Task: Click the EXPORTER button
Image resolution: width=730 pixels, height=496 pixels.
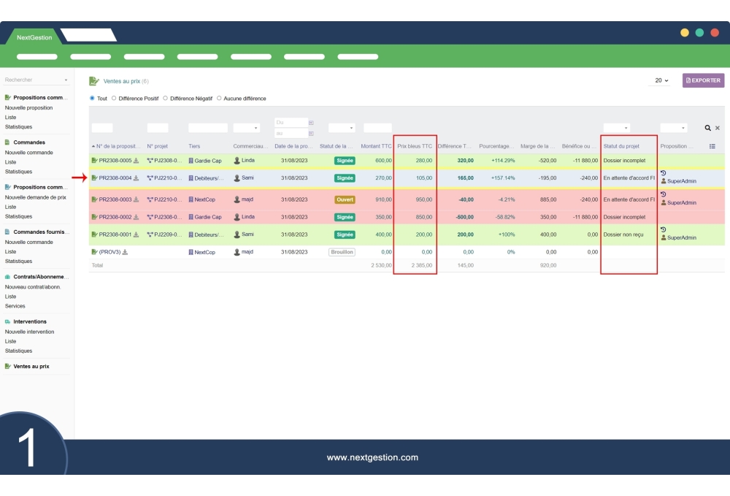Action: tap(703, 80)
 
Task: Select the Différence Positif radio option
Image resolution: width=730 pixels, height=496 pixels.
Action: tap(114, 99)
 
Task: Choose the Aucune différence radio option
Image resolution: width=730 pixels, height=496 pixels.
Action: tap(219, 99)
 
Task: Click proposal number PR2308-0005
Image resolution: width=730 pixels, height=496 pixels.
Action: tap(115, 161)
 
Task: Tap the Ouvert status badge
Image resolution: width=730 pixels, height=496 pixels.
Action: tap(345, 199)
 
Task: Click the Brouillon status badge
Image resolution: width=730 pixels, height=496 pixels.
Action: tap(342, 252)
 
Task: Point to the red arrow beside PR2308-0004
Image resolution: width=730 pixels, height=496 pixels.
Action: tap(80, 178)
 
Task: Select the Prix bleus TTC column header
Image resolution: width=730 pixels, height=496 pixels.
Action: tap(415, 146)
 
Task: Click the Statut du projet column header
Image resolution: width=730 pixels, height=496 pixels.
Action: tap(621, 146)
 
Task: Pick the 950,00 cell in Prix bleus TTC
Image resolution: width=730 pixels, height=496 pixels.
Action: tap(423, 199)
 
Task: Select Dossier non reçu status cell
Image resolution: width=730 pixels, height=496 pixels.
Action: tap(623, 234)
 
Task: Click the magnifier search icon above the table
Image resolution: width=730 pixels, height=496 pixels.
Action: tap(707, 128)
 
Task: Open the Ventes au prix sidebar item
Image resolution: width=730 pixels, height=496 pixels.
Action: tap(31, 366)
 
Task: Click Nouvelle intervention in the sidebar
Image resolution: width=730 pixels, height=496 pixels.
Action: tap(29, 332)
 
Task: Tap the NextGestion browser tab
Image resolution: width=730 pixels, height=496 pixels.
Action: tap(34, 37)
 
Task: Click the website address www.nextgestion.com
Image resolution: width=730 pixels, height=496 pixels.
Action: tap(372, 458)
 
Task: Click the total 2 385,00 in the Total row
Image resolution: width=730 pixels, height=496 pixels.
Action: tap(421, 265)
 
